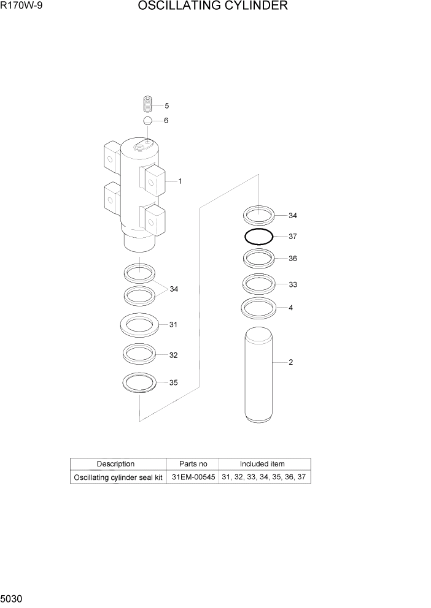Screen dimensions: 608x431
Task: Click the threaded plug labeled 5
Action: coord(147,104)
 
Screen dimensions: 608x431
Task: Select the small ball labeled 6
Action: coord(148,121)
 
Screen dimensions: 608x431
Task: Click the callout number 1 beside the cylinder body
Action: coord(180,181)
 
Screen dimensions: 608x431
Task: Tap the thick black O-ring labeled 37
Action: coord(258,237)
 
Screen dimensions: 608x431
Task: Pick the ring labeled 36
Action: coord(258,259)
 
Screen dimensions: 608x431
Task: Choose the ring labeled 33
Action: coord(258,284)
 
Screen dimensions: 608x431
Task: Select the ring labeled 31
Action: coord(139,325)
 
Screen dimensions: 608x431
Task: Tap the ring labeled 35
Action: coord(139,383)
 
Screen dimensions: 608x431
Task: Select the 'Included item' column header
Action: coord(262,464)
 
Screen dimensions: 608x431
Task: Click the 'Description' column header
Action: coord(115,464)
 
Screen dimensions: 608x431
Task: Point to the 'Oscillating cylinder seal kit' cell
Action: coord(118,477)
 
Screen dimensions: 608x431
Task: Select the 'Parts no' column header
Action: coord(192,464)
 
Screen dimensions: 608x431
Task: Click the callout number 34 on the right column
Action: coord(293,216)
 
